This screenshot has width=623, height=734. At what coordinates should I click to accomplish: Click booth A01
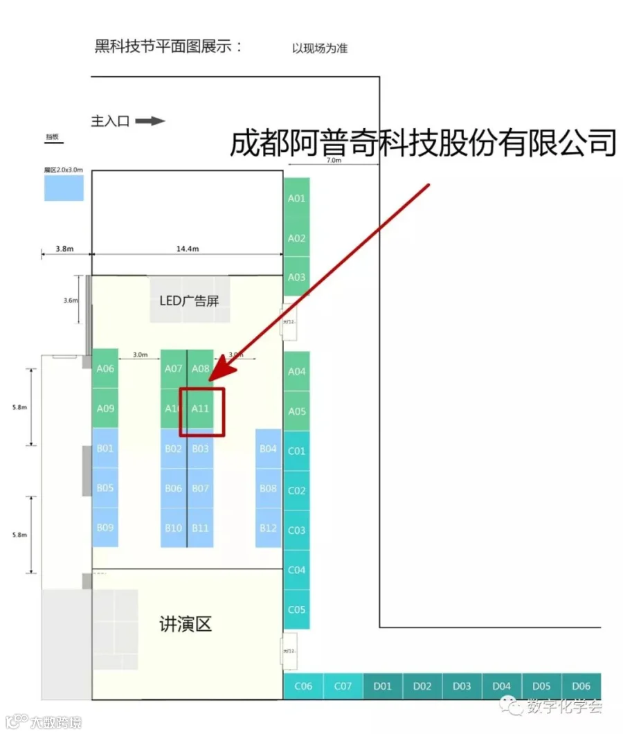click(x=296, y=198)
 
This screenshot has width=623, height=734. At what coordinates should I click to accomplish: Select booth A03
click(x=296, y=277)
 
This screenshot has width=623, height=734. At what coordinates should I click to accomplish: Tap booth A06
click(x=105, y=369)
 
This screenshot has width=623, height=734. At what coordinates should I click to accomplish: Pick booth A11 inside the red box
click(x=200, y=409)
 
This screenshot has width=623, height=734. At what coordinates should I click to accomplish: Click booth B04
click(x=268, y=449)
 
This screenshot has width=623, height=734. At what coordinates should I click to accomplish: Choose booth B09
click(x=105, y=528)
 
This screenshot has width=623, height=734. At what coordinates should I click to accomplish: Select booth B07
click(x=200, y=488)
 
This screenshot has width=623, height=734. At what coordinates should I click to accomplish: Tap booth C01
click(x=296, y=451)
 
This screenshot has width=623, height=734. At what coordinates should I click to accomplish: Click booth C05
click(x=296, y=610)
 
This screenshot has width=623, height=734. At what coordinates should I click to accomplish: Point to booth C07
click(x=343, y=686)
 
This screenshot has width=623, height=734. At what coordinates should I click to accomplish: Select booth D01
click(x=383, y=686)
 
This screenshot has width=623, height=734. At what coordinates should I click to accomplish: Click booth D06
click(x=581, y=686)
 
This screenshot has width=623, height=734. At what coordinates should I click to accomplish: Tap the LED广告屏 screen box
click(x=190, y=301)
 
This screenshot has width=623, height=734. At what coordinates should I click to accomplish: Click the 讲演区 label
click(x=185, y=625)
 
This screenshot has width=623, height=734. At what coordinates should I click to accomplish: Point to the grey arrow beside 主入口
click(x=150, y=121)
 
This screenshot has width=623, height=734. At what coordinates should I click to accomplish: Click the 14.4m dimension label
click(x=187, y=249)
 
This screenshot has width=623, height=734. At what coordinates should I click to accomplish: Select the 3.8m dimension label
click(x=64, y=249)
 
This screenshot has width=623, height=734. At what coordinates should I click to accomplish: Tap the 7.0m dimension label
click(x=334, y=161)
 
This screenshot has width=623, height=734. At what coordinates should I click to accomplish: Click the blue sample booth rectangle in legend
click(x=64, y=188)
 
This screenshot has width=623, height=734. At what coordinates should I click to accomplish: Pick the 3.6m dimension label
click(x=70, y=301)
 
